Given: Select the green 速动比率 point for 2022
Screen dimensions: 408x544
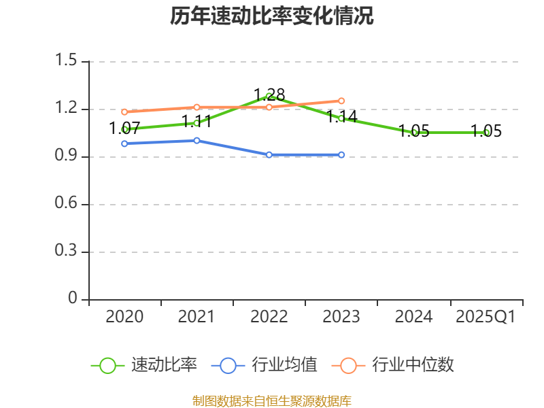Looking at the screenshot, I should coord(269,96).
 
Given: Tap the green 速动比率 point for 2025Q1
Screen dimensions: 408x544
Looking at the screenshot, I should coord(486,133).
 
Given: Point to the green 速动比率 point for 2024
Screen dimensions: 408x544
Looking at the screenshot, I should coord(414,133).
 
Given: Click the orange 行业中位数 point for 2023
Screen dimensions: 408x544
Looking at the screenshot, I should coord(341,101).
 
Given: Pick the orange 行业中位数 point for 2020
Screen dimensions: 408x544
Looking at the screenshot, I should coord(124,112).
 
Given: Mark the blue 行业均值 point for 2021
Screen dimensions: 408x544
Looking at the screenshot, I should coord(197,141).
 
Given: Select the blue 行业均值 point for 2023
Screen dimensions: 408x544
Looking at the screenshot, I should coord(341,155).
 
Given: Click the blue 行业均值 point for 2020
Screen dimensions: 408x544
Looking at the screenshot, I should coord(124,143).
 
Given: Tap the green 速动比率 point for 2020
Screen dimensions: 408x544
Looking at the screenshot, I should coord(124,129).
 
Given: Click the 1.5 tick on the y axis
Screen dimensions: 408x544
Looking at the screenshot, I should coord(68,61).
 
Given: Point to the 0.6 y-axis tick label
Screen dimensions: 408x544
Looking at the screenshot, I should coord(68,204).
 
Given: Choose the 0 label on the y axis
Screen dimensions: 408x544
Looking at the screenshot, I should coord(74,299).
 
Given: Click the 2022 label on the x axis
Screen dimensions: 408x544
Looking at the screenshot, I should coord(269,316).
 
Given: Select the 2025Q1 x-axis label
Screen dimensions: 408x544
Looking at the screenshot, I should coord(486,316).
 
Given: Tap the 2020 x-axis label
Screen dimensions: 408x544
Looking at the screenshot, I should coord(124,316).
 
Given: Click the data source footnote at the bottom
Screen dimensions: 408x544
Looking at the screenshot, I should coord(271,401).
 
